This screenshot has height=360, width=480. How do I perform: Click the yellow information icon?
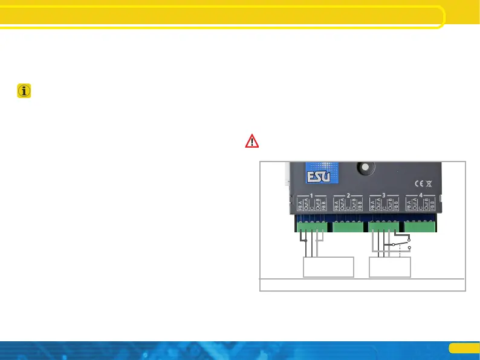(x=25, y=91)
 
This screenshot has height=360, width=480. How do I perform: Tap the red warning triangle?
(x=251, y=142)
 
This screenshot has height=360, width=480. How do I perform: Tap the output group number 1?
(x=312, y=195)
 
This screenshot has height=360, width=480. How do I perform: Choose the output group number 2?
(x=348, y=195)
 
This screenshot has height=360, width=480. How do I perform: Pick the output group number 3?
(x=384, y=195)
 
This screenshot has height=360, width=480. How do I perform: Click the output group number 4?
(x=420, y=195)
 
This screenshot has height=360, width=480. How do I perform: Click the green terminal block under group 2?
(x=348, y=227)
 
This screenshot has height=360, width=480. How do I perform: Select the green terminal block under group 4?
(x=420, y=227)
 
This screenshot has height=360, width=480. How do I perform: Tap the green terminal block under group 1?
(x=312, y=227)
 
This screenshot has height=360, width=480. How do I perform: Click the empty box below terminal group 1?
(x=328, y=267)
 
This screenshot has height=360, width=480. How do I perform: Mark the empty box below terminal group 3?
(x=390, y=267)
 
